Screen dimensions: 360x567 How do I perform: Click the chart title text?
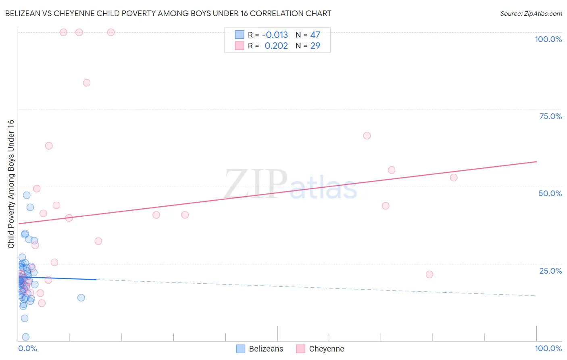click(x=168, y=13)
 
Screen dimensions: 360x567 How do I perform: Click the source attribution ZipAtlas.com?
click(x=531, y=13)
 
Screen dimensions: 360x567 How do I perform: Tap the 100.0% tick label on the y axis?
click(x=548, y=39)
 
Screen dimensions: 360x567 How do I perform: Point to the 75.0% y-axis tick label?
click(x=550, y=116)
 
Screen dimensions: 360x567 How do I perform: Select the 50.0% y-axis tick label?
click(x=550, y=193)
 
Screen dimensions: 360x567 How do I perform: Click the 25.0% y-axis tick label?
click(x=550, y=270)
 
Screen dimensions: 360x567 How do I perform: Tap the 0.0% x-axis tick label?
click(x=27, y=348)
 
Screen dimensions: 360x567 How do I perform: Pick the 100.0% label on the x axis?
click(x=548, y=348)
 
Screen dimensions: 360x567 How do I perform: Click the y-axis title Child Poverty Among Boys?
click(x=11, y=184)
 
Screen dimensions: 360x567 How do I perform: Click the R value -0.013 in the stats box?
click(x=275, y=35)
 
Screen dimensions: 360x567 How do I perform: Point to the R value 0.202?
click(x=276, y=46)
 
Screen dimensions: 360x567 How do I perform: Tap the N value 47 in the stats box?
click(x=315, y=35)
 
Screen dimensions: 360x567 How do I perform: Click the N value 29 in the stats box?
click(x=315, y=46)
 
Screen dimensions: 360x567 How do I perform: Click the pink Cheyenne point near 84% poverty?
click(x=87, y=83)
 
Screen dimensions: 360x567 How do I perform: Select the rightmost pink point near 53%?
click(x=454, y=178)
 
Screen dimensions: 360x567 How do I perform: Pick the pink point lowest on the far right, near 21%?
click(x=429, y=274)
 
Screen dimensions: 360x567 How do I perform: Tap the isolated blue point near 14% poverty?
click(x=81, y=297)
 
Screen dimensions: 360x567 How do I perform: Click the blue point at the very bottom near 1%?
click(x=26, y=337)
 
